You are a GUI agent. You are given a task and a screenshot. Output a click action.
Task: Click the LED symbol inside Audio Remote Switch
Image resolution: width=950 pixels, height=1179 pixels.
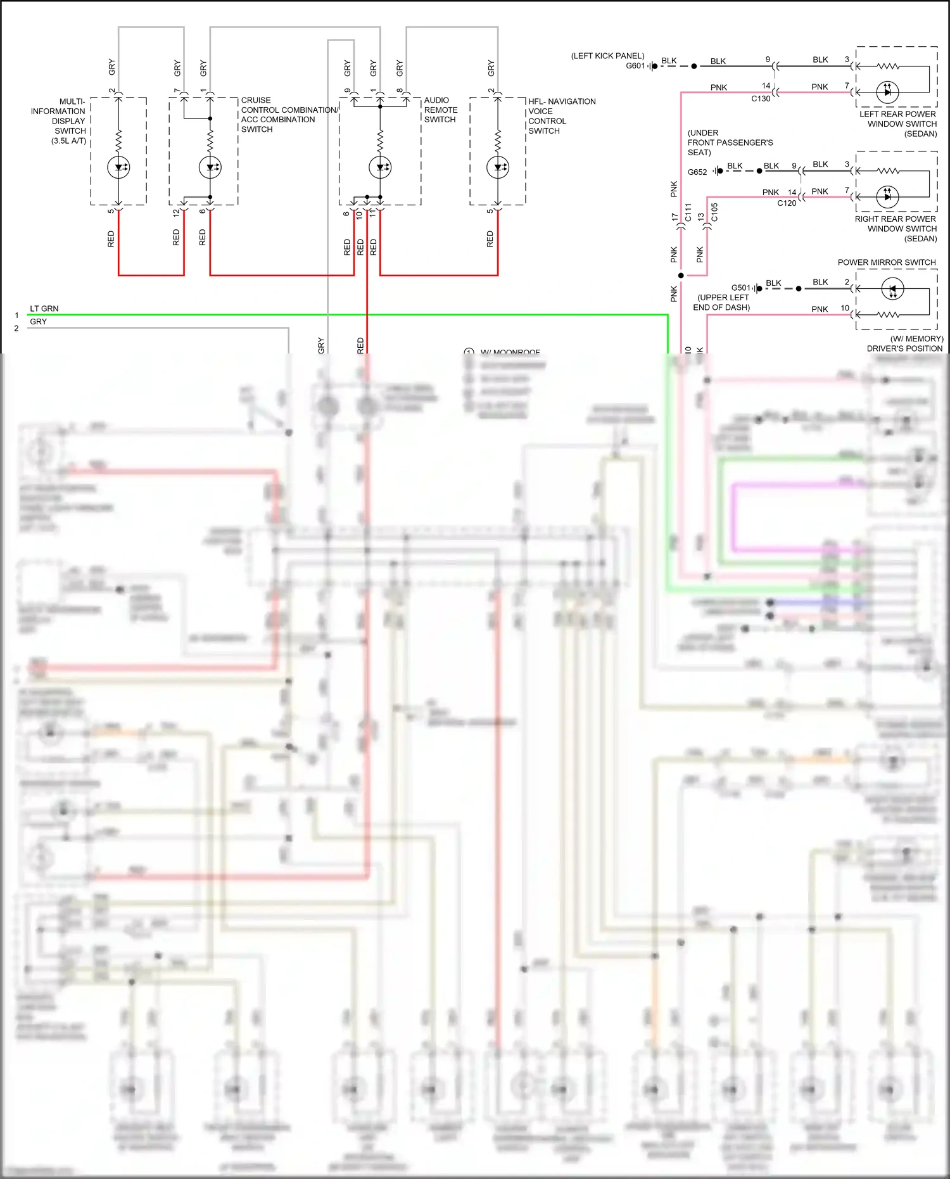click(x=380, y=167)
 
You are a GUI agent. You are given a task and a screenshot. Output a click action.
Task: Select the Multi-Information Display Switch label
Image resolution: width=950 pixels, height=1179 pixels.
click(x=60, y=120)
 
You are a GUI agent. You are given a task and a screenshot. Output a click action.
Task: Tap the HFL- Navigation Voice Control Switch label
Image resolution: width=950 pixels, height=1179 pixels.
click(x=561, y=116)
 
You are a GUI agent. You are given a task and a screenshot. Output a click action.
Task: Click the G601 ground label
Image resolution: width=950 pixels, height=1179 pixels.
click(x=635, y=66)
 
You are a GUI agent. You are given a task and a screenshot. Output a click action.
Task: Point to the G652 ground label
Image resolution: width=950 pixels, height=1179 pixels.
click(x=697, y=172)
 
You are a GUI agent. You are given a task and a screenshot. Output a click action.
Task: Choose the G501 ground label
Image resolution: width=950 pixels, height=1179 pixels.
click(x=740, y=288)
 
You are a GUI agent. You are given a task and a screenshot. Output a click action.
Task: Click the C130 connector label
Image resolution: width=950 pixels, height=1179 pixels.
click(x=761, y=99)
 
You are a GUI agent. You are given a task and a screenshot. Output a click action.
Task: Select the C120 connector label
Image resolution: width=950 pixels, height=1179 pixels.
click(x=787, y=203)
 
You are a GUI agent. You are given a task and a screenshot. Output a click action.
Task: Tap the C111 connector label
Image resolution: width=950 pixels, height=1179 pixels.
click(x=688, y=212)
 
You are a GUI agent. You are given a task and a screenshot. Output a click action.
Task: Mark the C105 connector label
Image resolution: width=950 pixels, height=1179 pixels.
click(x=714, y=212)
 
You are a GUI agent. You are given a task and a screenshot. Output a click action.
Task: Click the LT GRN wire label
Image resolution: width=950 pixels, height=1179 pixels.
click(x=44, y=309)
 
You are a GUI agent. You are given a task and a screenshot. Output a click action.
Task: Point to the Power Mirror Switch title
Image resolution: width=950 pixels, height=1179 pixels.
click(x=886, y=262)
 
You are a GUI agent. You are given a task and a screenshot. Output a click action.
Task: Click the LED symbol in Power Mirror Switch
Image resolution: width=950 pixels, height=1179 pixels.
click(x=892, y=289)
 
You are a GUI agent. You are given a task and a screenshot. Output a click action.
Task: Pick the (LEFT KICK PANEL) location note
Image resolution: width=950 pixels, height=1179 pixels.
click(x=607, y=56)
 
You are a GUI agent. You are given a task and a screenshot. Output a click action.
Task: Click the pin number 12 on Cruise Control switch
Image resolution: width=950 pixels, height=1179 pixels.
click(x=176, y=213)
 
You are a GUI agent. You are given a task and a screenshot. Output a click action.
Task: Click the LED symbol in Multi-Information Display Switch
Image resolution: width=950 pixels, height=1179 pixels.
click(x=118, y=168)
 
